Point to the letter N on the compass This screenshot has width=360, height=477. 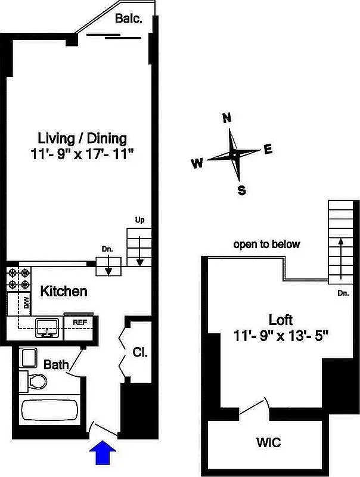coord(226,117)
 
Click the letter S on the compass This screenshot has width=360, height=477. coord(241,191)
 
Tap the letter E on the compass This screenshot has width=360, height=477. coord(268,150)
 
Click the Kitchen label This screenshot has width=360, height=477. coord(63,292)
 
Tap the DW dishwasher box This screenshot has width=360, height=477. coord(26,302)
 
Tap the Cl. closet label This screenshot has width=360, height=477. coord(139,352)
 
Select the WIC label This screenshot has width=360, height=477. coord(268,443)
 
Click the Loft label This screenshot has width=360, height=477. coord(281,320)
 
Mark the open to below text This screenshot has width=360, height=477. coord(266,244)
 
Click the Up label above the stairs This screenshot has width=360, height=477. coord(139,220)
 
